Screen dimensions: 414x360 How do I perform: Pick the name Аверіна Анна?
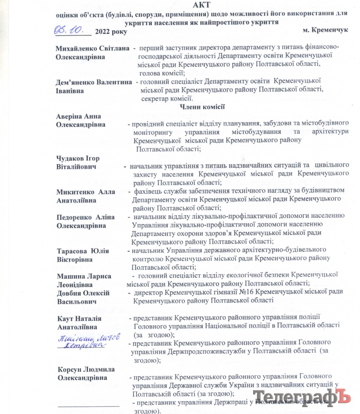point(79,116)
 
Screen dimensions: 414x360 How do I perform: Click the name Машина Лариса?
point(83,276)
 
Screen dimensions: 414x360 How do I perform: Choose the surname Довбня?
point(72,293)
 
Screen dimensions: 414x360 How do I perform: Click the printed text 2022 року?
point(111,31)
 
